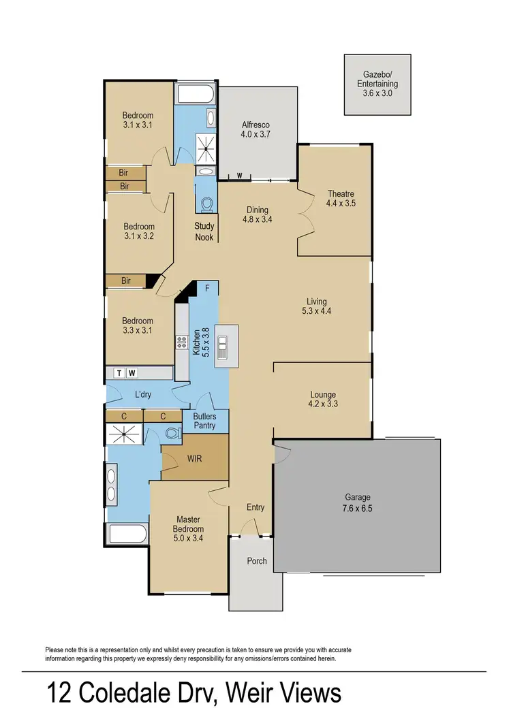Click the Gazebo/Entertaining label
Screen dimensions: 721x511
tap(378, 84)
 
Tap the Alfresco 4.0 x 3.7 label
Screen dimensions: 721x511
tap(257, 130)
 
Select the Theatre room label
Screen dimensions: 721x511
tap(340, 198)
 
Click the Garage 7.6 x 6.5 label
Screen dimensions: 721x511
tap(357, 502)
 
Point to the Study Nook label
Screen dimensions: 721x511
tap(204, 231)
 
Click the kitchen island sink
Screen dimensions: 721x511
tap(223, 346)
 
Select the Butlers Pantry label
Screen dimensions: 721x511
tap(204, 421)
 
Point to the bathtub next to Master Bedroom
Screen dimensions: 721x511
tap(127, 534)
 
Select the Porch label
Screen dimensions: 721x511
tap(256, 561)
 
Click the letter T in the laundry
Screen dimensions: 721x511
tap(120, 372)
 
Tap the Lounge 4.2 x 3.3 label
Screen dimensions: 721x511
tap(322, 400)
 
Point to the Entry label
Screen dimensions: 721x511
tap(255, 507)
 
